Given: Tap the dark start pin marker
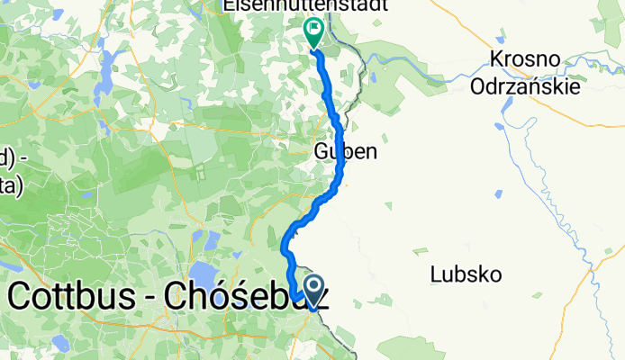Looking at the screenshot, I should click(314, 290).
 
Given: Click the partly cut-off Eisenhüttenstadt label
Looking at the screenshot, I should click(307, 6).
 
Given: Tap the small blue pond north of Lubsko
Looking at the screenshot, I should click(497, 194).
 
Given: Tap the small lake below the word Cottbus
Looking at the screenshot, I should click(60, 343).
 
